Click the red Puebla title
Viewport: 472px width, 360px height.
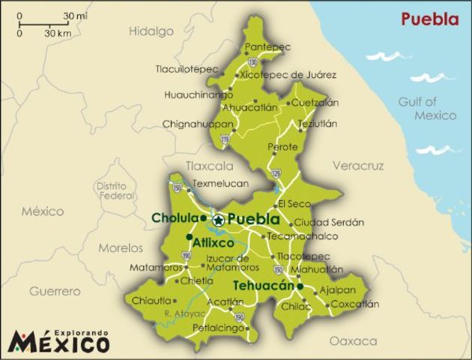click(429, 19)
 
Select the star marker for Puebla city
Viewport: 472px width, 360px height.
click(218, 220)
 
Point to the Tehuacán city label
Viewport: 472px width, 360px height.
click(263, 286)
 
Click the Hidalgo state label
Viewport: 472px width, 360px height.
click(151, 31)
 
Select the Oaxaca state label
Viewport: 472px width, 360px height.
click(354, 340)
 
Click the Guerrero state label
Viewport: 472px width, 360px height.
click(55, 291)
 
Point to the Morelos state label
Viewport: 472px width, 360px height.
click(120, 247)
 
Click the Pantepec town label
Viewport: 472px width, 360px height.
click(267, 46)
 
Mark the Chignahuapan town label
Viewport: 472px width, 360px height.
click(196, 124)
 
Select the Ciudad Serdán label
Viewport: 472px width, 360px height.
click(328, 222)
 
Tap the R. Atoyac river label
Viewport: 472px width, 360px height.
click(180, 313)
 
